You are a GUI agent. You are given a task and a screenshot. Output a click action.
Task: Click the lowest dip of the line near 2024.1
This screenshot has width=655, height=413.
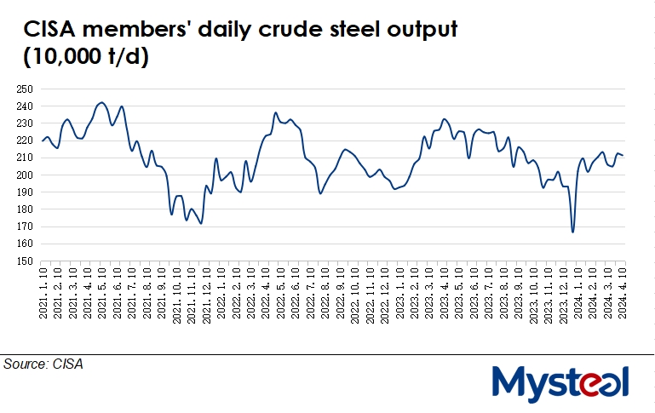(x=572, y=232)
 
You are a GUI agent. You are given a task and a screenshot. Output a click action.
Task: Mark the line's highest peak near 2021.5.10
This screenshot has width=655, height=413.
(x=102, y=102)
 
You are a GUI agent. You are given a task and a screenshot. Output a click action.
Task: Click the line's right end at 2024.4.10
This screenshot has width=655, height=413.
(x=623, y=155)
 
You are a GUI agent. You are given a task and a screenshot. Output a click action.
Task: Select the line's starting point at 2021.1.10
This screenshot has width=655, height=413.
(x=43, y=141)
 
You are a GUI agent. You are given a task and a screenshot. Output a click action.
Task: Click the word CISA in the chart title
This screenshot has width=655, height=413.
(x=52, y=32)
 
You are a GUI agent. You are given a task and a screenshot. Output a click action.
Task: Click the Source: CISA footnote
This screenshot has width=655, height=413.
(x=43, y=364)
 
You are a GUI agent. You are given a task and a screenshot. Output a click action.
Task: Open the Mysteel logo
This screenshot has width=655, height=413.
(x=560, y=383)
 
